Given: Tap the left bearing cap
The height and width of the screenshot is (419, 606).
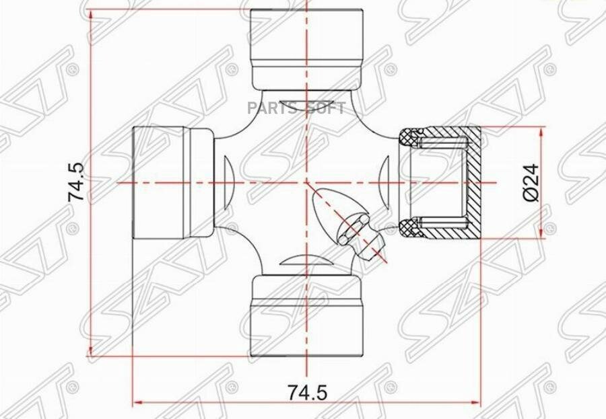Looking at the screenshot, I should pos(172,182).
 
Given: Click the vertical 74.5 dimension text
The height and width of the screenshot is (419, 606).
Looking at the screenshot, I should pos(75,182).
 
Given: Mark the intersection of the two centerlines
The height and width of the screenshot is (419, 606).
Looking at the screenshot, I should pos(306,182).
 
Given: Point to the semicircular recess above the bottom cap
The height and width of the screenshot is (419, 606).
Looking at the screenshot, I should pos(306,262).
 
